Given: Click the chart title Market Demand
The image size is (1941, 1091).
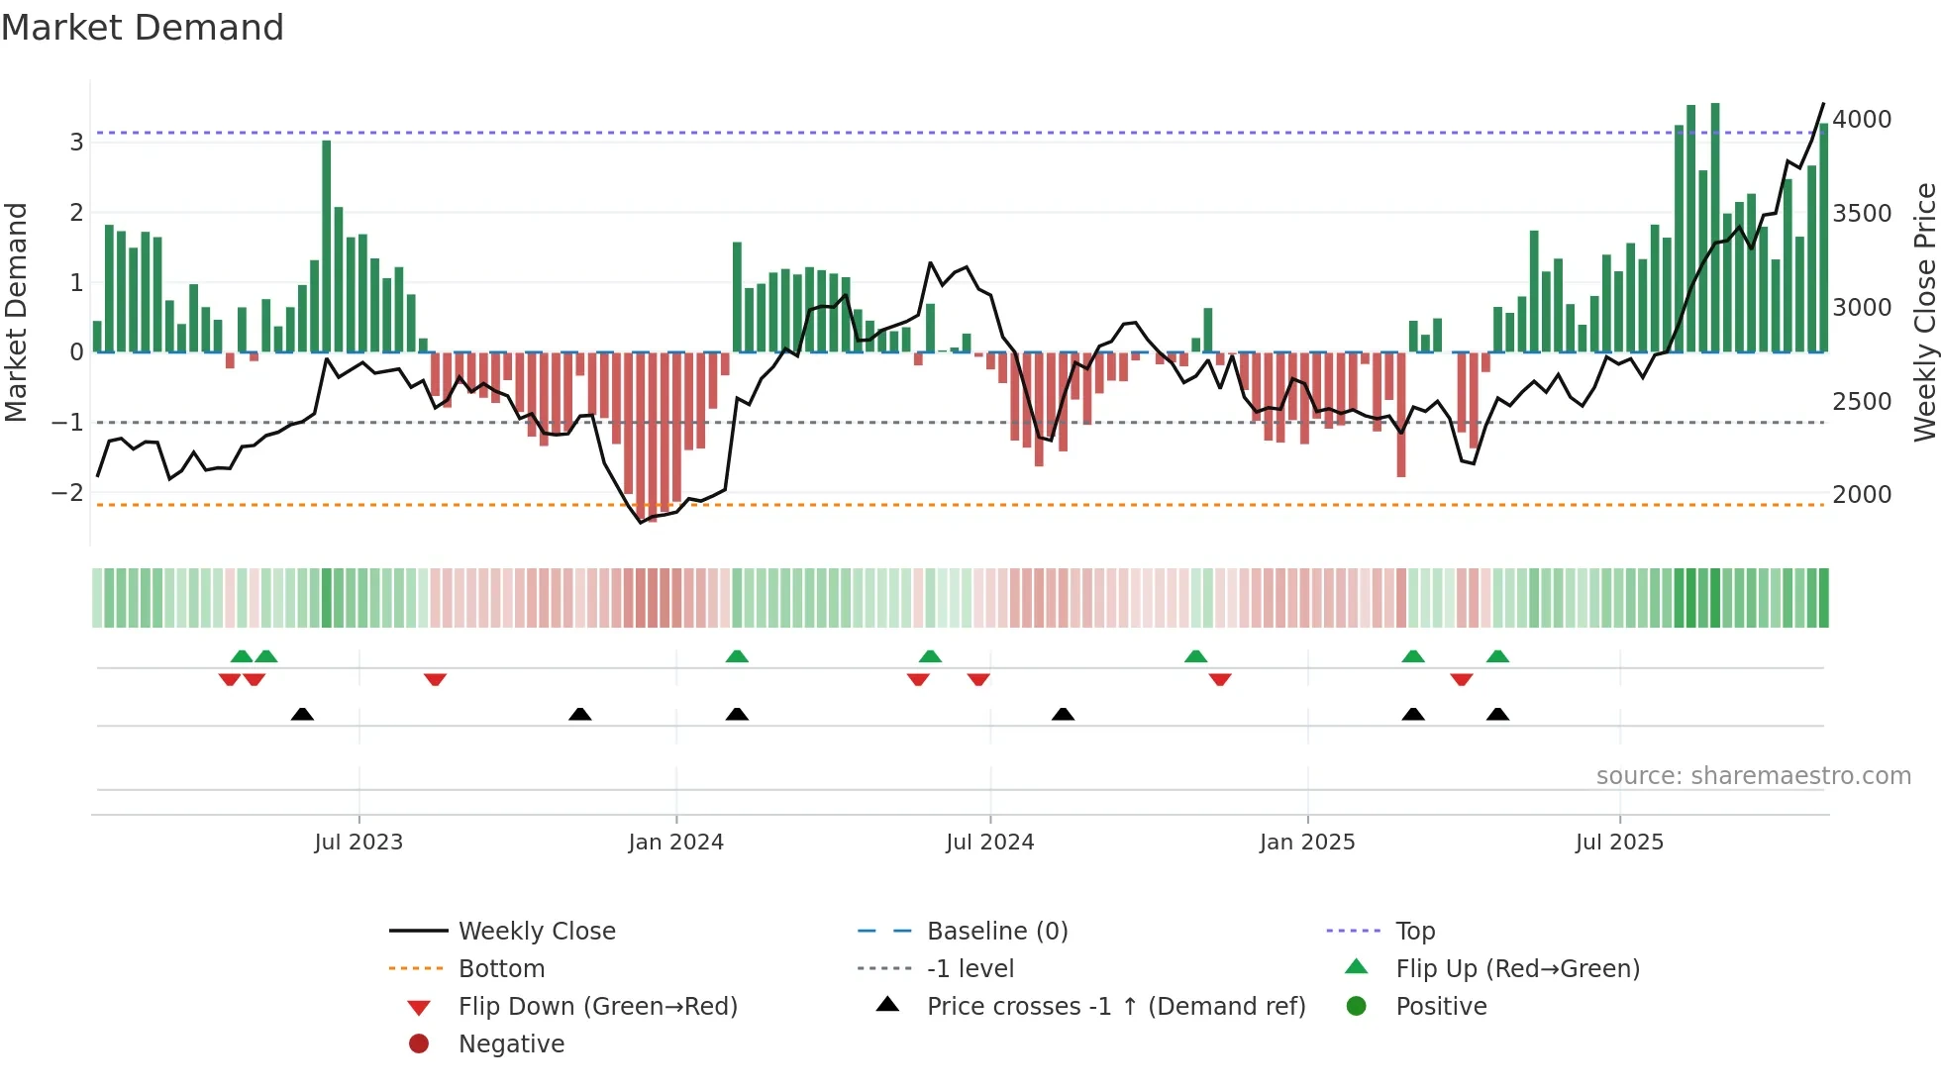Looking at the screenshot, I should (143, 28).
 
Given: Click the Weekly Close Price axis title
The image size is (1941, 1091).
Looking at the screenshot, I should (1924, 312).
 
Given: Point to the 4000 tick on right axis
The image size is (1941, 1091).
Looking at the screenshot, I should (1862, 120).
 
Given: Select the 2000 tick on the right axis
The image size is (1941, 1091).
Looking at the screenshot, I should (1862, 495).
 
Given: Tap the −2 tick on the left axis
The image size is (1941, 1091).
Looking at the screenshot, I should (67, 493).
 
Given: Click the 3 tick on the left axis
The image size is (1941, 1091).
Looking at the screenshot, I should (76, 143).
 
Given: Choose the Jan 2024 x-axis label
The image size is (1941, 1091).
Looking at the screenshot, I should (675, 843).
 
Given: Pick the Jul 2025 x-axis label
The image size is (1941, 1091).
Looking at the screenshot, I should (1619, 843).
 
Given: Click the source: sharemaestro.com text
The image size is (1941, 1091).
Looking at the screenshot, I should (1753, 776).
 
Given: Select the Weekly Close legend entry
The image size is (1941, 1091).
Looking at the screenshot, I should (537, 932).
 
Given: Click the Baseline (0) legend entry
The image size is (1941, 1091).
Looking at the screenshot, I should (997, 932).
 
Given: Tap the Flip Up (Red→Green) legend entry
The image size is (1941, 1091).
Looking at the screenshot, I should (1517, 969).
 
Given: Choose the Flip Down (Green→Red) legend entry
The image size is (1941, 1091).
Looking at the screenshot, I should (597, 1007).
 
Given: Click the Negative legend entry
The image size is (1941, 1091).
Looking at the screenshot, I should (511, 1044).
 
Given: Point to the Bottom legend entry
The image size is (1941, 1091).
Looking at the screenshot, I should (501, 969).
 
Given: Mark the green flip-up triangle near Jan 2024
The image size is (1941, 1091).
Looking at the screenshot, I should (737, 656).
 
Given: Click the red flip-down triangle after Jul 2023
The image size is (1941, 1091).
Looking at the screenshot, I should (435, 679).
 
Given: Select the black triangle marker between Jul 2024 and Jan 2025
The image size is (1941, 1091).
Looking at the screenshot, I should (1063, 715).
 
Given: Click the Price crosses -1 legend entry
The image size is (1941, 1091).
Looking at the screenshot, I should (1116, 1007).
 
